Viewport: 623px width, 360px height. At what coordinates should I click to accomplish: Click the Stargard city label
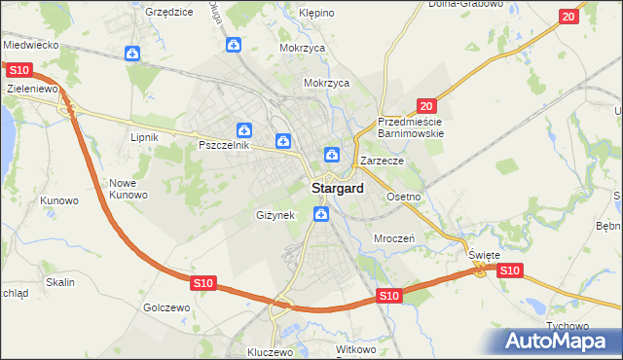[x=337, y=188]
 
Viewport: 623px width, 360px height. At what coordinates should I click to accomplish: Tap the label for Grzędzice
[x=168, y=12]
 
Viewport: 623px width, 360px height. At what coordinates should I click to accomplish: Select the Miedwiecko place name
[x=32, y=45]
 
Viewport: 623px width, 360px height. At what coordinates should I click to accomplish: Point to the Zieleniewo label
[x=33, y=88]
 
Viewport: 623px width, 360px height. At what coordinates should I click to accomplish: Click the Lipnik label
[x=144, y=137]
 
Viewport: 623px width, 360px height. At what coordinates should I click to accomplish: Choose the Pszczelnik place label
[x=225, y=145]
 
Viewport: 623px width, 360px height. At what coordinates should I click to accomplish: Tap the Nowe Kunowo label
[x=128, y=189]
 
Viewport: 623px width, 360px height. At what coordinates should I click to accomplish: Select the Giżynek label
[x=275, y=214]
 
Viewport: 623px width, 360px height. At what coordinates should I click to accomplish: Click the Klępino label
[x=316, y=14]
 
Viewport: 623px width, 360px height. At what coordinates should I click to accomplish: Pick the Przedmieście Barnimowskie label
[x=411, y=127]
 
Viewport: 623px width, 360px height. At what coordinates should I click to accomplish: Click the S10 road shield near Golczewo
[x=202, y=282]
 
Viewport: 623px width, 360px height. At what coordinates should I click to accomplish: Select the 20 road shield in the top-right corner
[x=569, y=17]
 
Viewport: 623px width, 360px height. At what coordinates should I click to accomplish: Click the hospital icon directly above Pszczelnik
[x=245, y=129]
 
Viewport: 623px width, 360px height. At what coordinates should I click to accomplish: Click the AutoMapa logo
[x=561, y=341]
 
